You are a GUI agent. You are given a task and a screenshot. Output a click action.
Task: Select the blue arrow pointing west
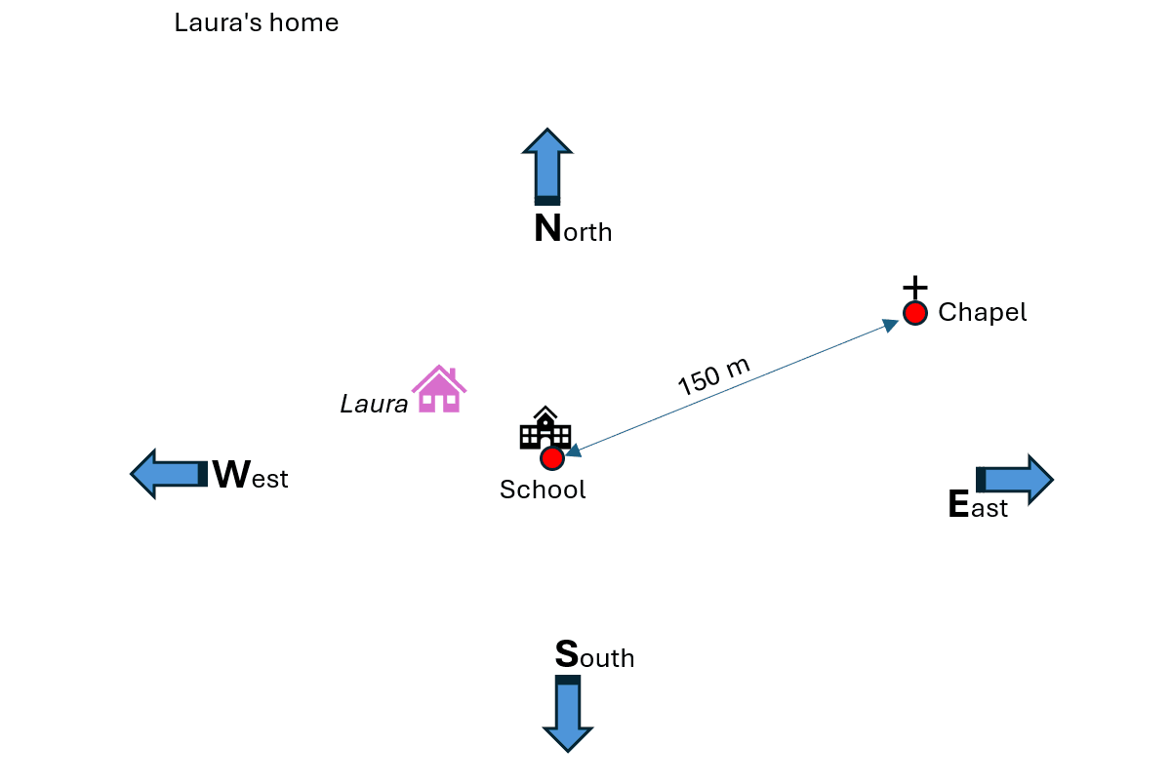[x=169, y=474]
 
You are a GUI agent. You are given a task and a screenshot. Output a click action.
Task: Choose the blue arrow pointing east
[x=1015, y=479]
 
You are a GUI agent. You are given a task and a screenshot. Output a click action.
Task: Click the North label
[x=573, y=230]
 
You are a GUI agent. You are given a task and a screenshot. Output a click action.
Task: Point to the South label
[x=594, y=656]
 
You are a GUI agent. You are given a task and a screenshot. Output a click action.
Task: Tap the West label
[x=250, y=477]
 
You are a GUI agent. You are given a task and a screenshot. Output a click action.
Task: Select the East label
[x=978, y=506]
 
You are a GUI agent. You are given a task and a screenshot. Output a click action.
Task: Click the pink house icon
[x=439, y=390]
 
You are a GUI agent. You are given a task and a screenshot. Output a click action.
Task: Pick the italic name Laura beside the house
[x=374, y=404]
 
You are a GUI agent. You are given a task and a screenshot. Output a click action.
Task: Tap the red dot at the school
[x=552, y=458]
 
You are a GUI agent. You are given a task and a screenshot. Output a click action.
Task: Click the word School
[x=543, y=490]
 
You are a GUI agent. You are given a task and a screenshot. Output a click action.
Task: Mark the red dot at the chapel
[x=914, y=313]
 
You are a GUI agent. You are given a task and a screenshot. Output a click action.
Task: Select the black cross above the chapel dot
[x=914, y=288]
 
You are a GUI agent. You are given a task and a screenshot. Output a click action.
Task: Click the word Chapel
[x=982, y=313]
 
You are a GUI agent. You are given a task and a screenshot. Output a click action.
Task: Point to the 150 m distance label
[x=714, y=376]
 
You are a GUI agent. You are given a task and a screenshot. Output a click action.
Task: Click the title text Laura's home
[x=257, y=23]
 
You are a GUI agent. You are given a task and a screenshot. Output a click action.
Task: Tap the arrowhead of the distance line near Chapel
[x=891, y=325]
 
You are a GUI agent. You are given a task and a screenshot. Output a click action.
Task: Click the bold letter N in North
[x=547, y=230]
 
